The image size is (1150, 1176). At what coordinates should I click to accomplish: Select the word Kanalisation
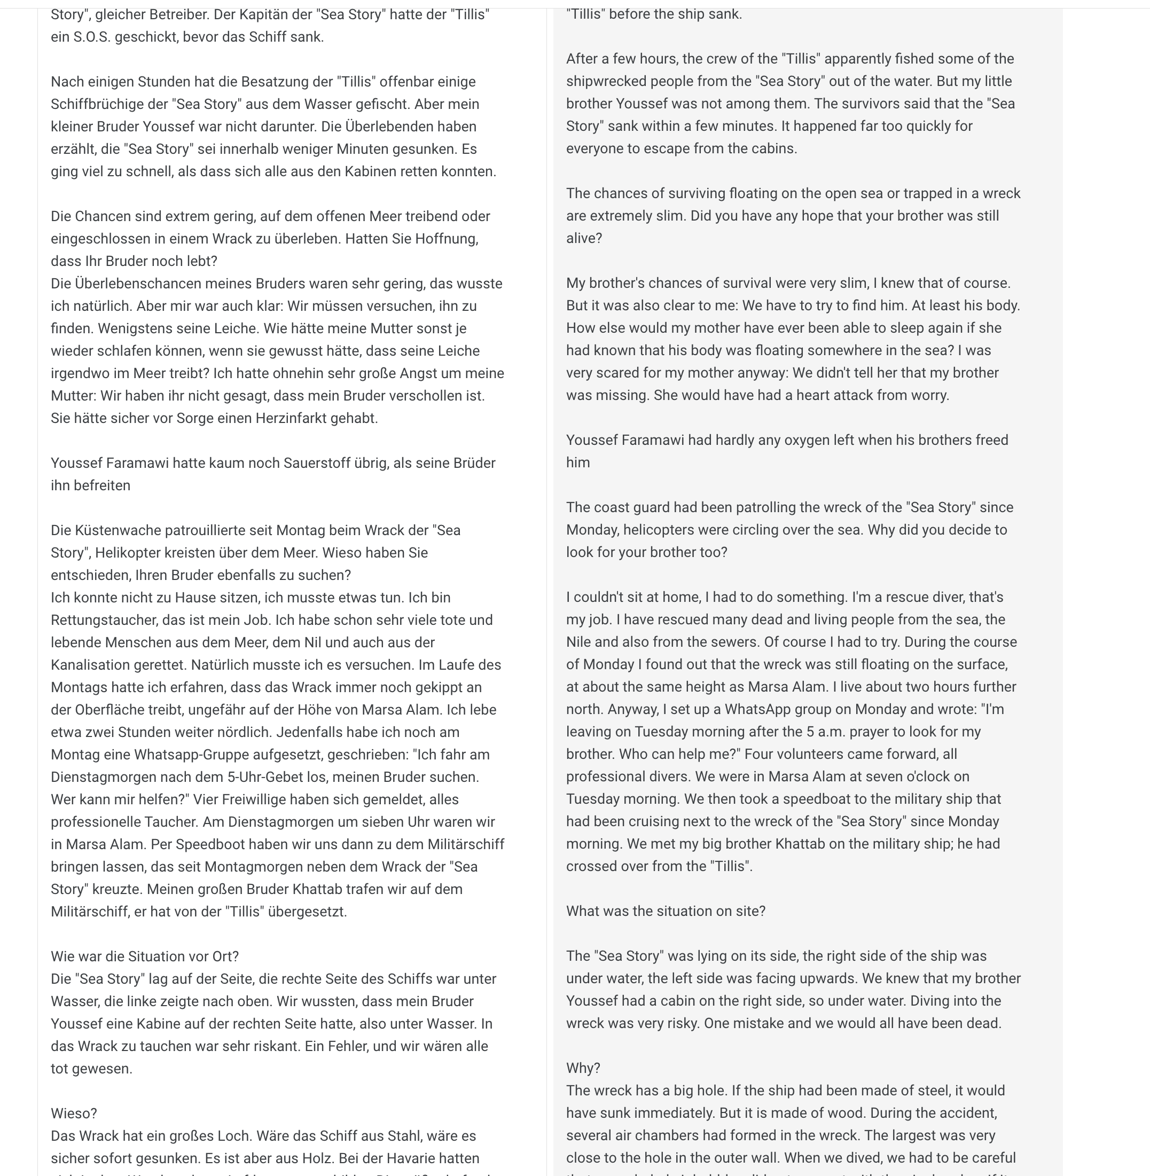pos(89,664)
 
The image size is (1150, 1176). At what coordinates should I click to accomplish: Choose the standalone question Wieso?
pos(74,1113)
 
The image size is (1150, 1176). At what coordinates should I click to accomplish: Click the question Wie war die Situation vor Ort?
pos(144,956)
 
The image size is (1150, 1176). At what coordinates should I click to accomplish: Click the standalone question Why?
pos(583,1068)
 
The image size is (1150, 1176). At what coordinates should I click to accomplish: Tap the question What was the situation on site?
pos(665,911)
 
